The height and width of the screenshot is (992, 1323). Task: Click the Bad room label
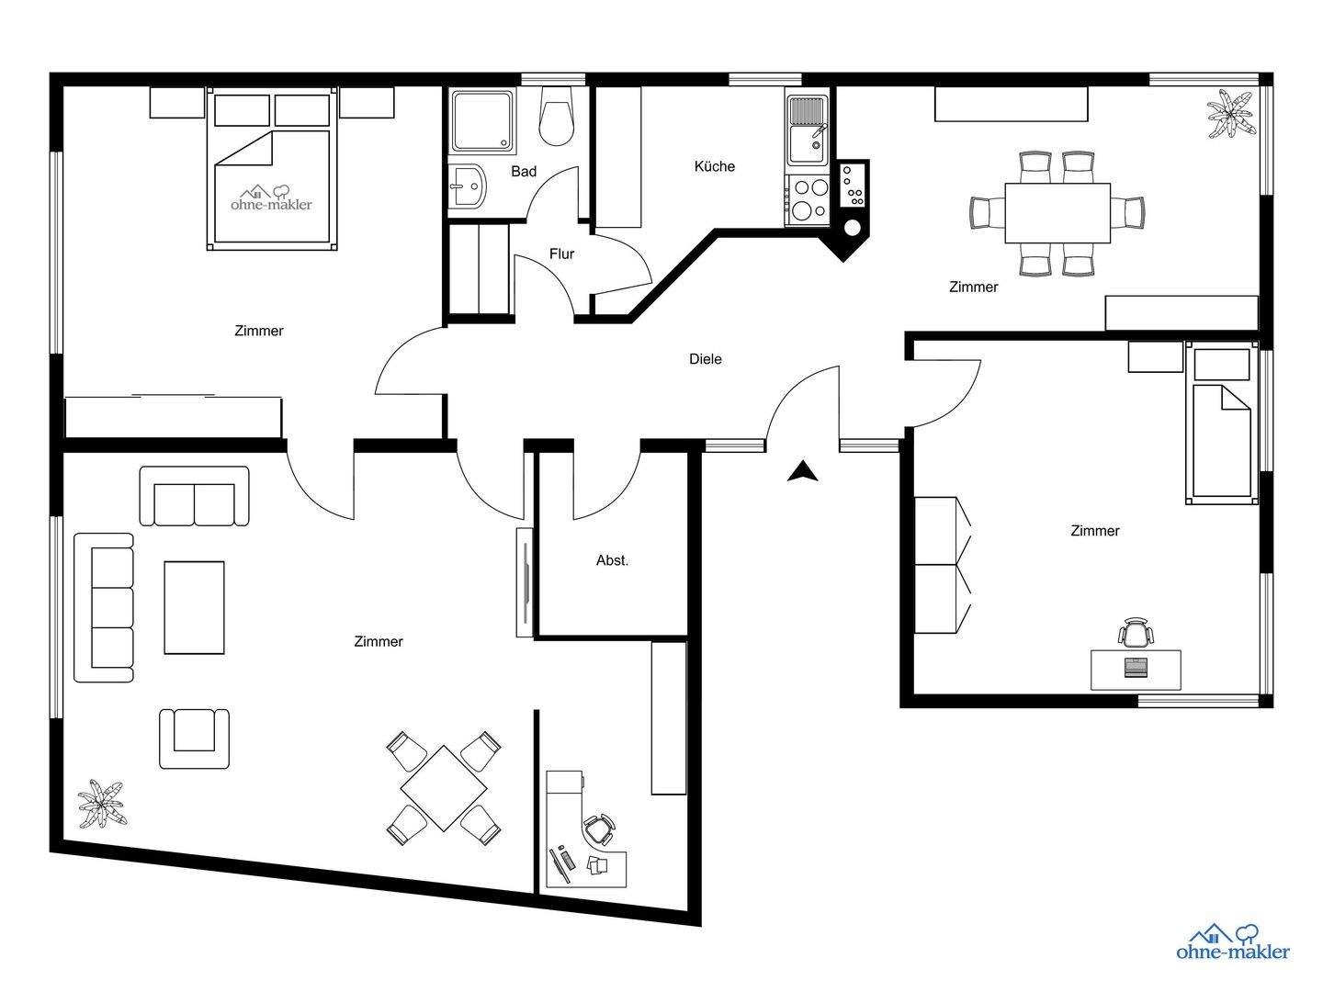pyautogui.click(x=524, y=172)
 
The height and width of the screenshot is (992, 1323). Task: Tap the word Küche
pyautogui.click(x=715, y=166)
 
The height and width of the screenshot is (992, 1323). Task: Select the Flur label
pyautogui.click(x=561, y=254)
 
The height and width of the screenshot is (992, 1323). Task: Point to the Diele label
pyautogui.click(x=706, y=359)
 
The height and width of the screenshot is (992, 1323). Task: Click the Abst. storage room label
pyautogui.click(x=613, y=560)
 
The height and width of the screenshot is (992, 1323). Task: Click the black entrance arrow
pyautogui.click(x=803, y=471)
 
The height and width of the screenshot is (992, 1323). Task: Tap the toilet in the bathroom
pyautogui.click(x=556, y=117)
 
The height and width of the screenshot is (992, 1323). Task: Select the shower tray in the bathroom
pyautogui.click(x=482, y=120)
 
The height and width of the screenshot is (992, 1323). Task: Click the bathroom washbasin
pyautogui.click(x=467, y=187)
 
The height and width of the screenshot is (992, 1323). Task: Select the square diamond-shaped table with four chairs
pyautogui.click(x=444, y=788)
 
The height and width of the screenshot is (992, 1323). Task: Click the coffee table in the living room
pyautogui.click(x=194, y=607)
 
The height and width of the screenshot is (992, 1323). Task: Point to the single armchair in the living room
pyautogui.click(x=194, y=737)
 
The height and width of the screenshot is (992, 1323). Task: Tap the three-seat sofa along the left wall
pyautogui.click(x=104, y=608)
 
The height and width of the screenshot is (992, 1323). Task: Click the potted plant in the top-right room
pyautogui.click(x=1229, y=114)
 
